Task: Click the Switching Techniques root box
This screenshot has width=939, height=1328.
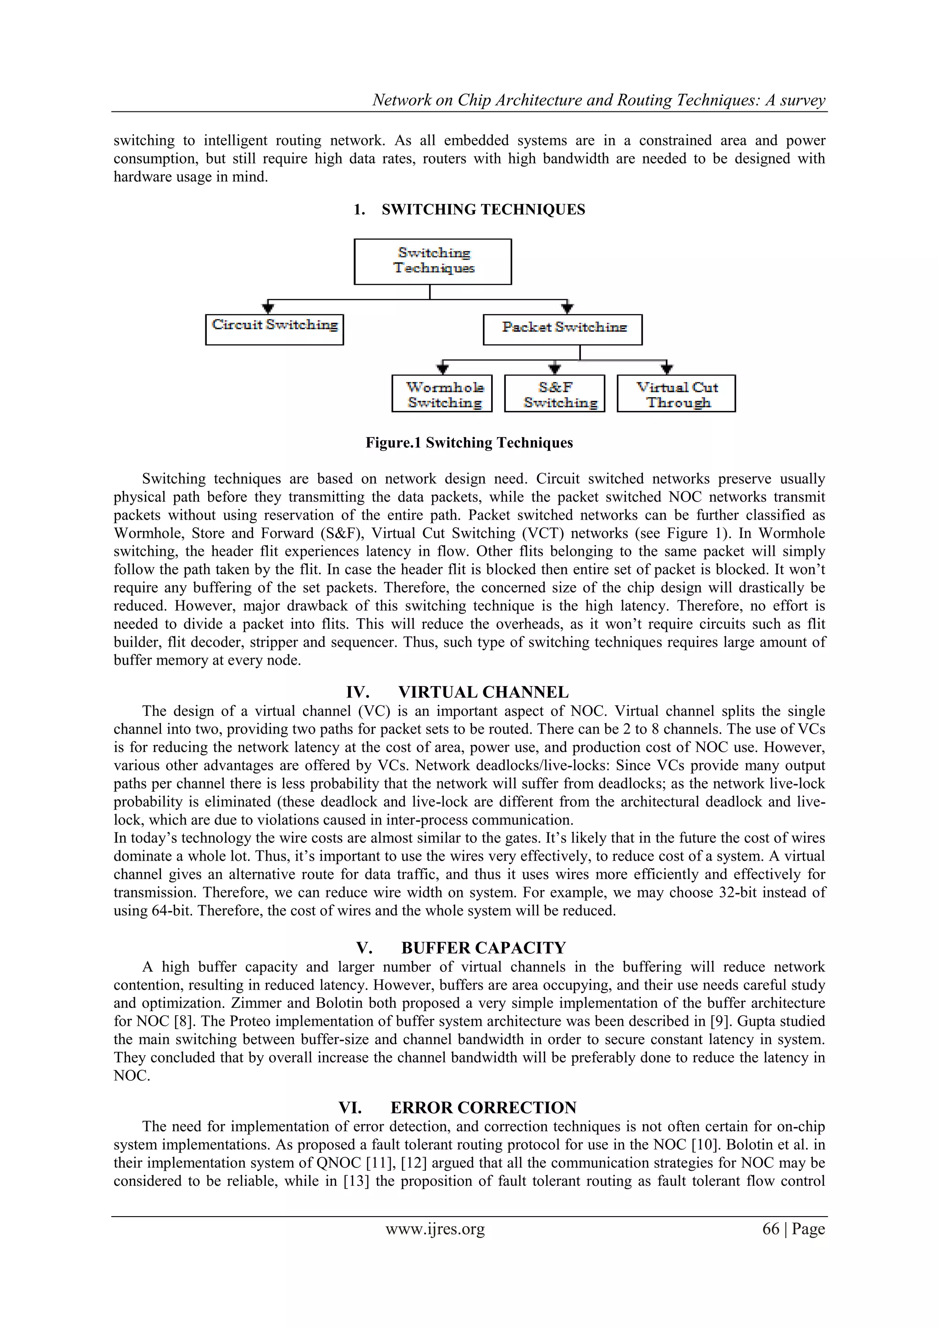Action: [432, 261]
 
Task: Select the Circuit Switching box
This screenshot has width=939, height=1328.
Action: [274, 330]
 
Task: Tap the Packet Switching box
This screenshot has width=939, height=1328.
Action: [562, 330]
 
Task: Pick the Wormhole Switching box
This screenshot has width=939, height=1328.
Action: [442, 393]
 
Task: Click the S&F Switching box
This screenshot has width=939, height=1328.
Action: [554, 393]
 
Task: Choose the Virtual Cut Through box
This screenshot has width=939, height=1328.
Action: [676, 393]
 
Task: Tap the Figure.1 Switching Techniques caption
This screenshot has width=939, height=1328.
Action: [469, 443]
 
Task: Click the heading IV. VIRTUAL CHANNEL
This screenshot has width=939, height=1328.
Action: [457, 692]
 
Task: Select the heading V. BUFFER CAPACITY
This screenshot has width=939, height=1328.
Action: [460, 947]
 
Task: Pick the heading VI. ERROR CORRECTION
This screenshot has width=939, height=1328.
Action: [457, 1107]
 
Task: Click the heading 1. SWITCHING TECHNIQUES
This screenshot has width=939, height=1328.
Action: [469, 210]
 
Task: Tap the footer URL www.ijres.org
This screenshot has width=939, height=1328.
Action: [435, 1228]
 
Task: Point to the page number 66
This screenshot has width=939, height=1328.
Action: [771, 1228]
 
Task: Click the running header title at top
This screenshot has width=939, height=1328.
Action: [598, 100]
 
